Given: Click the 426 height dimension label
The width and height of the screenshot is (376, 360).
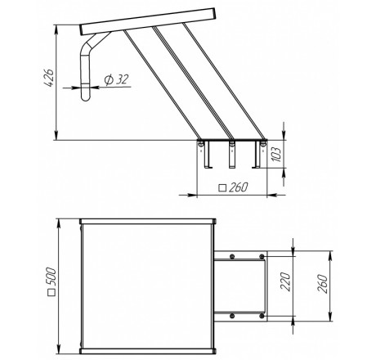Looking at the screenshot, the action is (x=49, y=79).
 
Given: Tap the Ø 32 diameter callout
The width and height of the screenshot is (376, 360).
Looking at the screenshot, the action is (x=116, y=79).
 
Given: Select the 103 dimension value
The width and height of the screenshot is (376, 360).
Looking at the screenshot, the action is (x=276, y=155).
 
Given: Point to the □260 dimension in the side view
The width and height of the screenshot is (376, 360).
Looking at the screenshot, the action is (x=234, y=187).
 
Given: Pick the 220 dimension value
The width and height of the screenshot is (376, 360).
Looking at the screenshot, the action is (x=285, y=281).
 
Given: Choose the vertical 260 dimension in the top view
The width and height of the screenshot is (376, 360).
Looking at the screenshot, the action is (x=323, y=284).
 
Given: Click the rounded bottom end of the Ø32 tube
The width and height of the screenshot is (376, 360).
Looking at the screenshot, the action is (x=86, y=97).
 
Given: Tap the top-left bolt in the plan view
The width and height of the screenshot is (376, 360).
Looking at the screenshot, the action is (x=232, y=256).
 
